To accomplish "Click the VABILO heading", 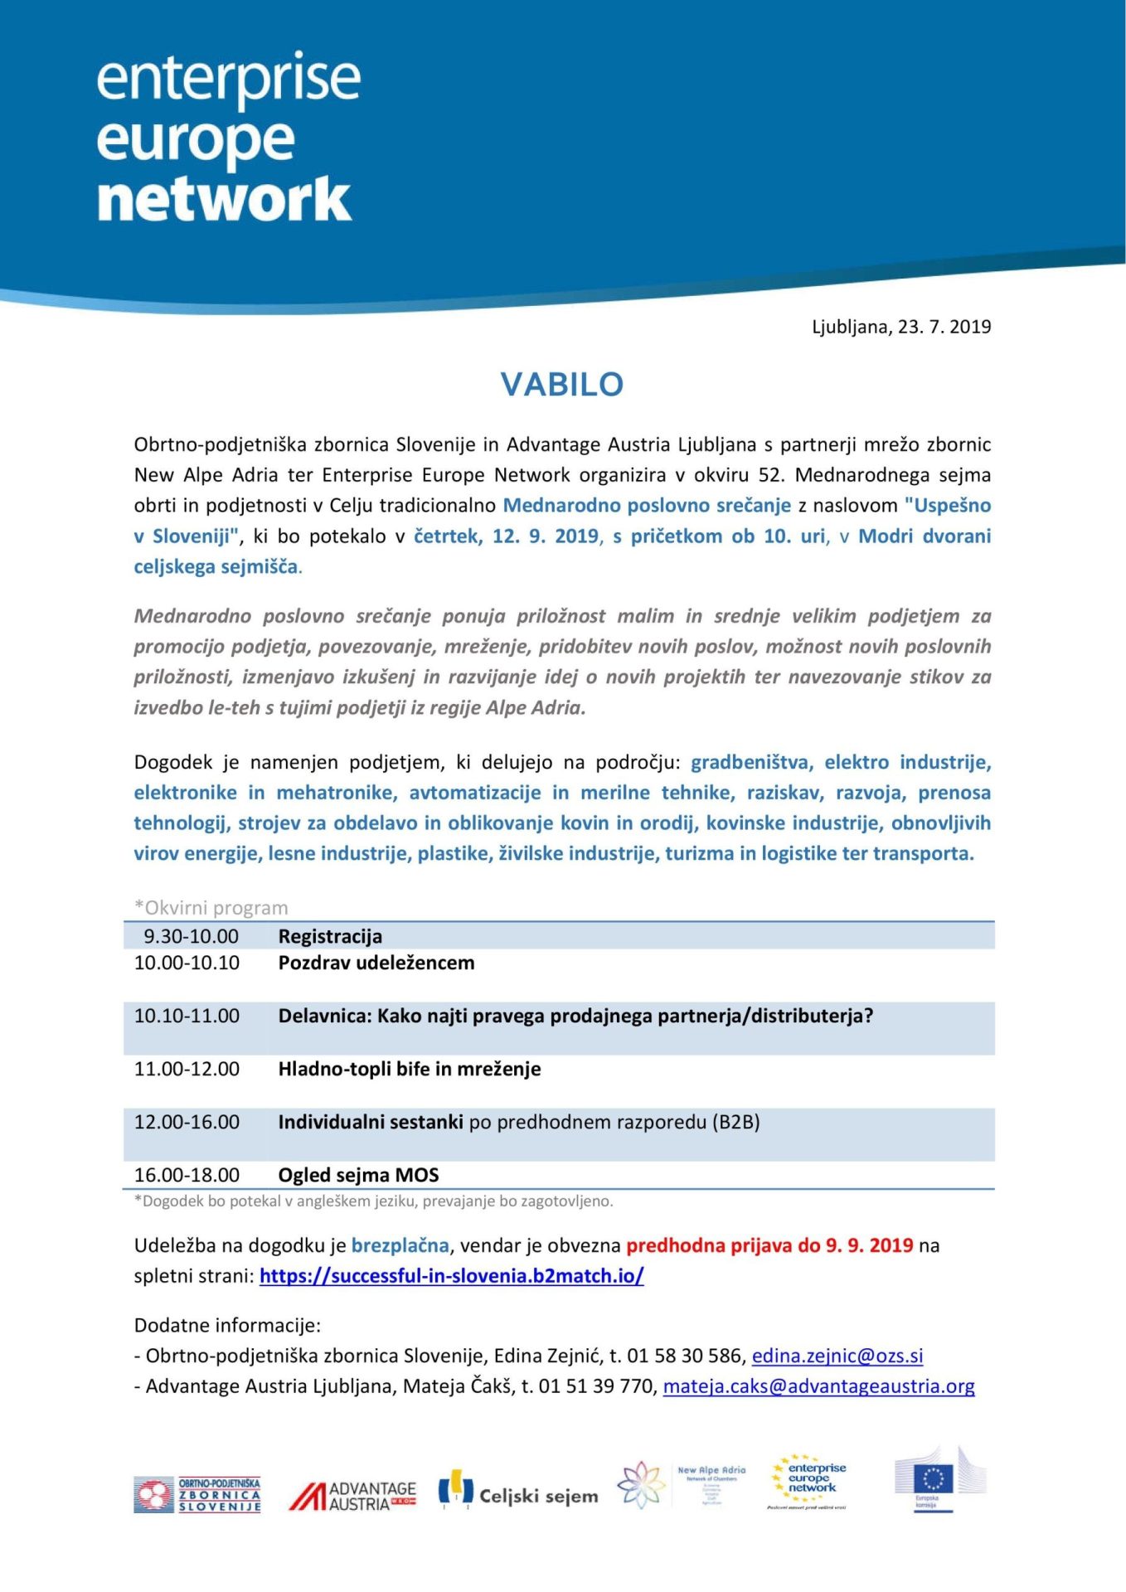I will (561, 385).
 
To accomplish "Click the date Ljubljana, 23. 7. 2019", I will (900, 327).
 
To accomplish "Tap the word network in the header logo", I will (224, 199).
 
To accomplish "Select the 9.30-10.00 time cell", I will (191, 936).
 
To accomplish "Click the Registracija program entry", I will (330, 936).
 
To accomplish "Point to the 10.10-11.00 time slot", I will (187, 1016).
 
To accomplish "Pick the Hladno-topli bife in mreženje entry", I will (409, 1069).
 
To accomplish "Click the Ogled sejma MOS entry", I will (358, 1175).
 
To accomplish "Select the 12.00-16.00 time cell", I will (187, 1122).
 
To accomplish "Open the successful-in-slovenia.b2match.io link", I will (451, 1275).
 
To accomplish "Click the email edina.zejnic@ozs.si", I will (837, 1356).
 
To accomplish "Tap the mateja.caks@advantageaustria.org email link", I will (818, 1386).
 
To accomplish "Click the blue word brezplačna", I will (400, 1245).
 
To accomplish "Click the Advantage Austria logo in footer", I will (352, 1496).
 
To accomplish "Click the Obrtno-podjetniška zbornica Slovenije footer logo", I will (197, 1495).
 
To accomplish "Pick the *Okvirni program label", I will (211, 908).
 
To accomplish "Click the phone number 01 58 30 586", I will (686, 1356).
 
